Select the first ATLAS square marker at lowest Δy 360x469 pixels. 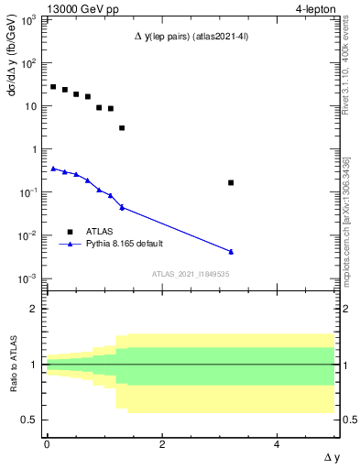tap(53, 87)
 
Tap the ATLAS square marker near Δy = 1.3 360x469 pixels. tap(122, 128)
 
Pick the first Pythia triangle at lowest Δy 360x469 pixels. tap(53, 169)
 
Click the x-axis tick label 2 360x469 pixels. tap(162, 443)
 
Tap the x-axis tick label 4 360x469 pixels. tap(278, 443)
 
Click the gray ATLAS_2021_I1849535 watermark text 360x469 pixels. tap(191, 273)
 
